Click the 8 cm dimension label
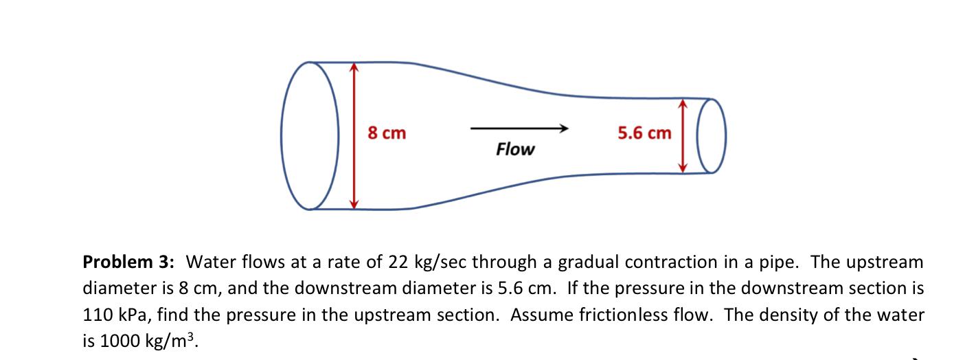387,133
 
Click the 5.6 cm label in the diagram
644,133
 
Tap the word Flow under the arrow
514,149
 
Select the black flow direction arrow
519,128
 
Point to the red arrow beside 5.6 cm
681,135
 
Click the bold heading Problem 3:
129,262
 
